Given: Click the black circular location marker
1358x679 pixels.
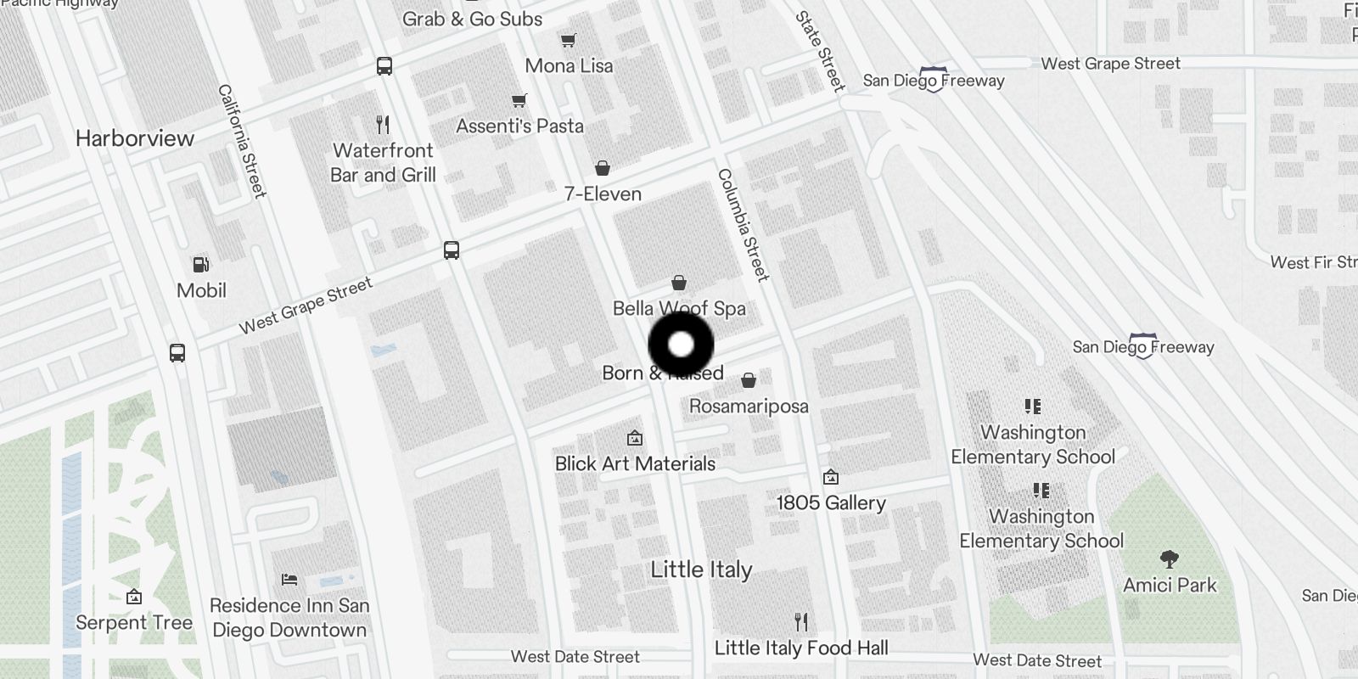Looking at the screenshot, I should click(681, 345).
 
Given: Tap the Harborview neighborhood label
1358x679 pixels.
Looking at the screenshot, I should click(135, 138).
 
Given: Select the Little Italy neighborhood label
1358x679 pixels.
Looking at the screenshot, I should click(701, 570).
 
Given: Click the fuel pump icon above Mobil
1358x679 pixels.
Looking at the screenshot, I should click(201, 265).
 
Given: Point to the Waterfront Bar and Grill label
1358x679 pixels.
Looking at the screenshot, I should click(383, 163).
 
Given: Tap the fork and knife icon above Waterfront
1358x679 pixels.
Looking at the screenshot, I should click(383, 125).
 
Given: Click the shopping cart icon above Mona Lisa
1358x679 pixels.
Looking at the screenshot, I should click(568, 40).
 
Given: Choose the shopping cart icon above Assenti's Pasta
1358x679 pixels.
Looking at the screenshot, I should click(519, 101).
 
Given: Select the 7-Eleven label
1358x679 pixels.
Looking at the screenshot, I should click(603, 194).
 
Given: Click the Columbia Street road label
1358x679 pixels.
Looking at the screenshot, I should click(744, 225).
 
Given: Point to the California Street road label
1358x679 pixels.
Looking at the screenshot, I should click(242, 141).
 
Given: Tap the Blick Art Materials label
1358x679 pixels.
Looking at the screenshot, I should click(635, 464).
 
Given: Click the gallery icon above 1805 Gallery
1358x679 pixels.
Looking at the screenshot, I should click(831, 477).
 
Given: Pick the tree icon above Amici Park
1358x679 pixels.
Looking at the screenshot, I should click(1170, 559).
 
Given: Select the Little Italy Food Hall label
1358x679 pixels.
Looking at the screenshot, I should click(801, 648).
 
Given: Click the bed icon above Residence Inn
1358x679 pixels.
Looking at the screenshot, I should click(289, 580).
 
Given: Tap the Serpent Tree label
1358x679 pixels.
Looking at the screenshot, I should click(134, 623).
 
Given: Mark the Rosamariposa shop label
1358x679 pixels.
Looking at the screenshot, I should click(749, 407).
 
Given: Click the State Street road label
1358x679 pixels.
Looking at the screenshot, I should click(820, 51).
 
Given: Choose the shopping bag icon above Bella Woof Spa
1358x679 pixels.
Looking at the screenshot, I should click(679, 283).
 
